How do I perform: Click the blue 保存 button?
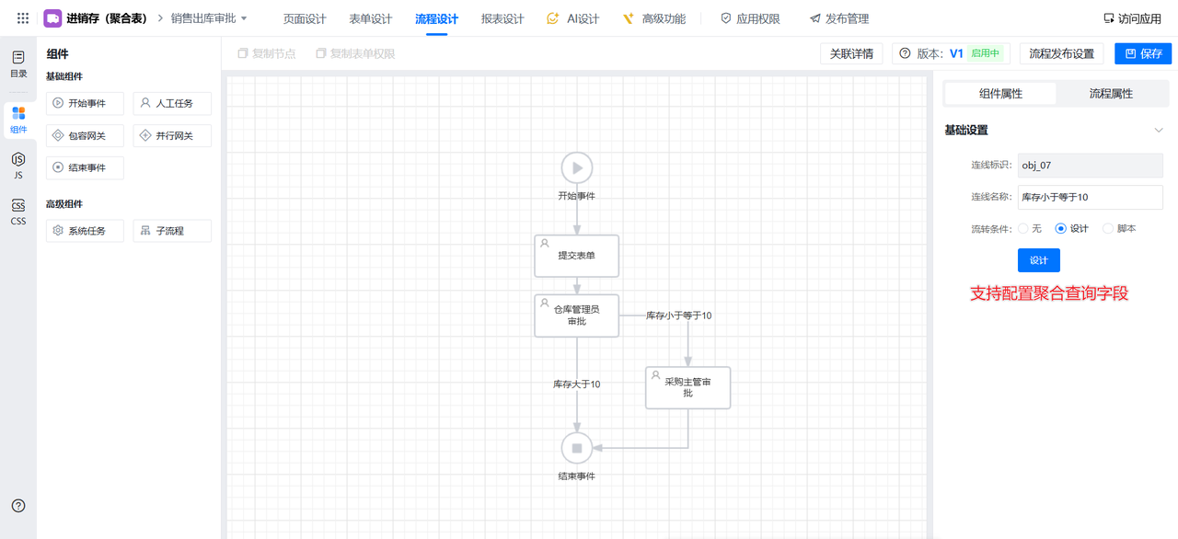coord(1142,53)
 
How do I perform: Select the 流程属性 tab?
coord(1110,94)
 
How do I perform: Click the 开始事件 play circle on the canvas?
coord(577,167)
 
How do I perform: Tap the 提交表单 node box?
coord(577,256)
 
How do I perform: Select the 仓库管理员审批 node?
coord(577,315)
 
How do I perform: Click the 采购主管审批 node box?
coord(687,387)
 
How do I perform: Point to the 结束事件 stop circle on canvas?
coord(577,448)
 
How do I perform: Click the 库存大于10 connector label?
coord(576,384)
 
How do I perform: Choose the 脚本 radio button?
coord(1108,228)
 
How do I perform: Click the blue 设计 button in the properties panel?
coord(1038,260)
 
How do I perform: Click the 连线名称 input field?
coord(1090,197)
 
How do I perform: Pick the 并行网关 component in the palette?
coord(172,136)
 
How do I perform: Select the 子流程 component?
coord(172,231)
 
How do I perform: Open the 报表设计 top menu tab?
coord(502,18)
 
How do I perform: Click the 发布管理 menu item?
coord(838,18)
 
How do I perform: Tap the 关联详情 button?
coord(851,53)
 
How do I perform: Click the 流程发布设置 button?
coord(1061,53)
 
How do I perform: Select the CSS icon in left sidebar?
coord(18,211)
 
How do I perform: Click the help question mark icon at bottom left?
coord(18,506)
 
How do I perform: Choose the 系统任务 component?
coord(85,231)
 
